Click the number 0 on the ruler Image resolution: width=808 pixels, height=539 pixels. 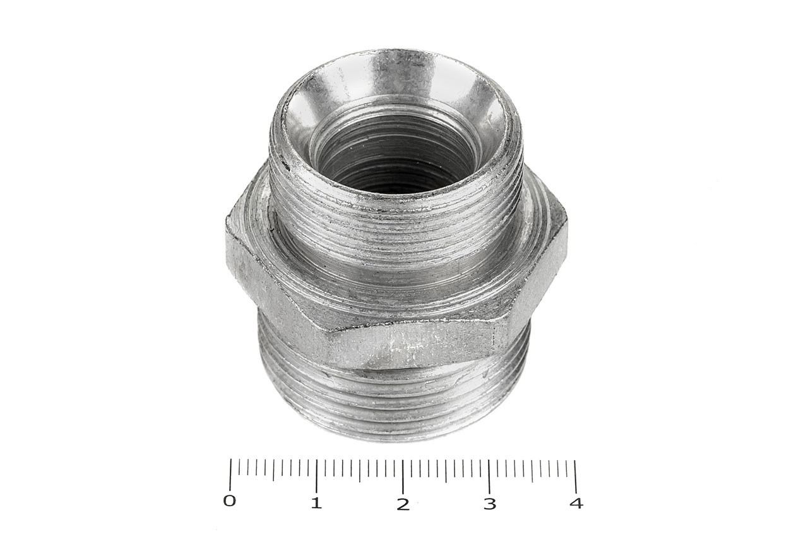(x=229, y=500)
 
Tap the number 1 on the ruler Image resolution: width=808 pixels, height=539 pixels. (x=316, y=502)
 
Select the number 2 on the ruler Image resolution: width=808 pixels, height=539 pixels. (x=403, y=504)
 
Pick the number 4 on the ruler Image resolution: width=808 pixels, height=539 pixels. (x=577, y=503)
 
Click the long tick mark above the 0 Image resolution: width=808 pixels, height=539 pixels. (x=230, y=475)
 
